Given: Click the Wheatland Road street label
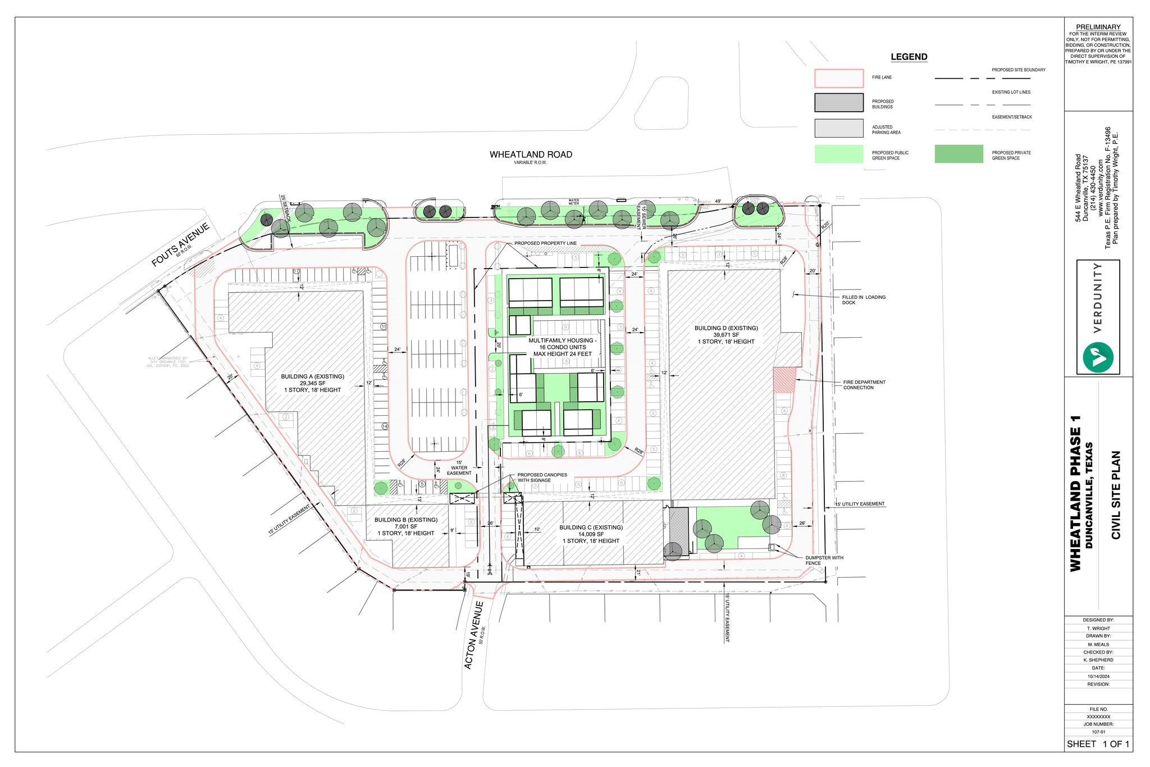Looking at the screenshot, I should click(531, 155).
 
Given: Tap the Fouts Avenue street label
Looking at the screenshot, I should click(181, 244).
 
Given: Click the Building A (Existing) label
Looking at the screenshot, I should click(312, 376).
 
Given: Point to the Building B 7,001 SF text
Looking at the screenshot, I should click(405, 527).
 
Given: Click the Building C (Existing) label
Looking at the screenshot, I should click(591, 528).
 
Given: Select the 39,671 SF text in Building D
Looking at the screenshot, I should click(726, 335).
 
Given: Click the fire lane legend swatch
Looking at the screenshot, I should click(838, 78).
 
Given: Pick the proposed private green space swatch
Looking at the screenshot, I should click(959, 154).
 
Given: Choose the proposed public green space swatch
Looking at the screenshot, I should click(838, 154).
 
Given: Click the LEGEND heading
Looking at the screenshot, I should click(909, 57).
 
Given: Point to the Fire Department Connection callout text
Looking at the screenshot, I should click(864, 385).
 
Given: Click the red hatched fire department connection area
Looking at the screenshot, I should click(784, 380).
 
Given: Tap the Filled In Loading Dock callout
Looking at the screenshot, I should click(863, 300).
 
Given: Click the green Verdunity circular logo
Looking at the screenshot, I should click(1098, 356).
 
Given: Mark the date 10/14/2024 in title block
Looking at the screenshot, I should click(1098, 677).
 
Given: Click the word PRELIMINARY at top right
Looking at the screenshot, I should click(1098, 27).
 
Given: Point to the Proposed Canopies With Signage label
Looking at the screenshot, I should click(542, 478).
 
